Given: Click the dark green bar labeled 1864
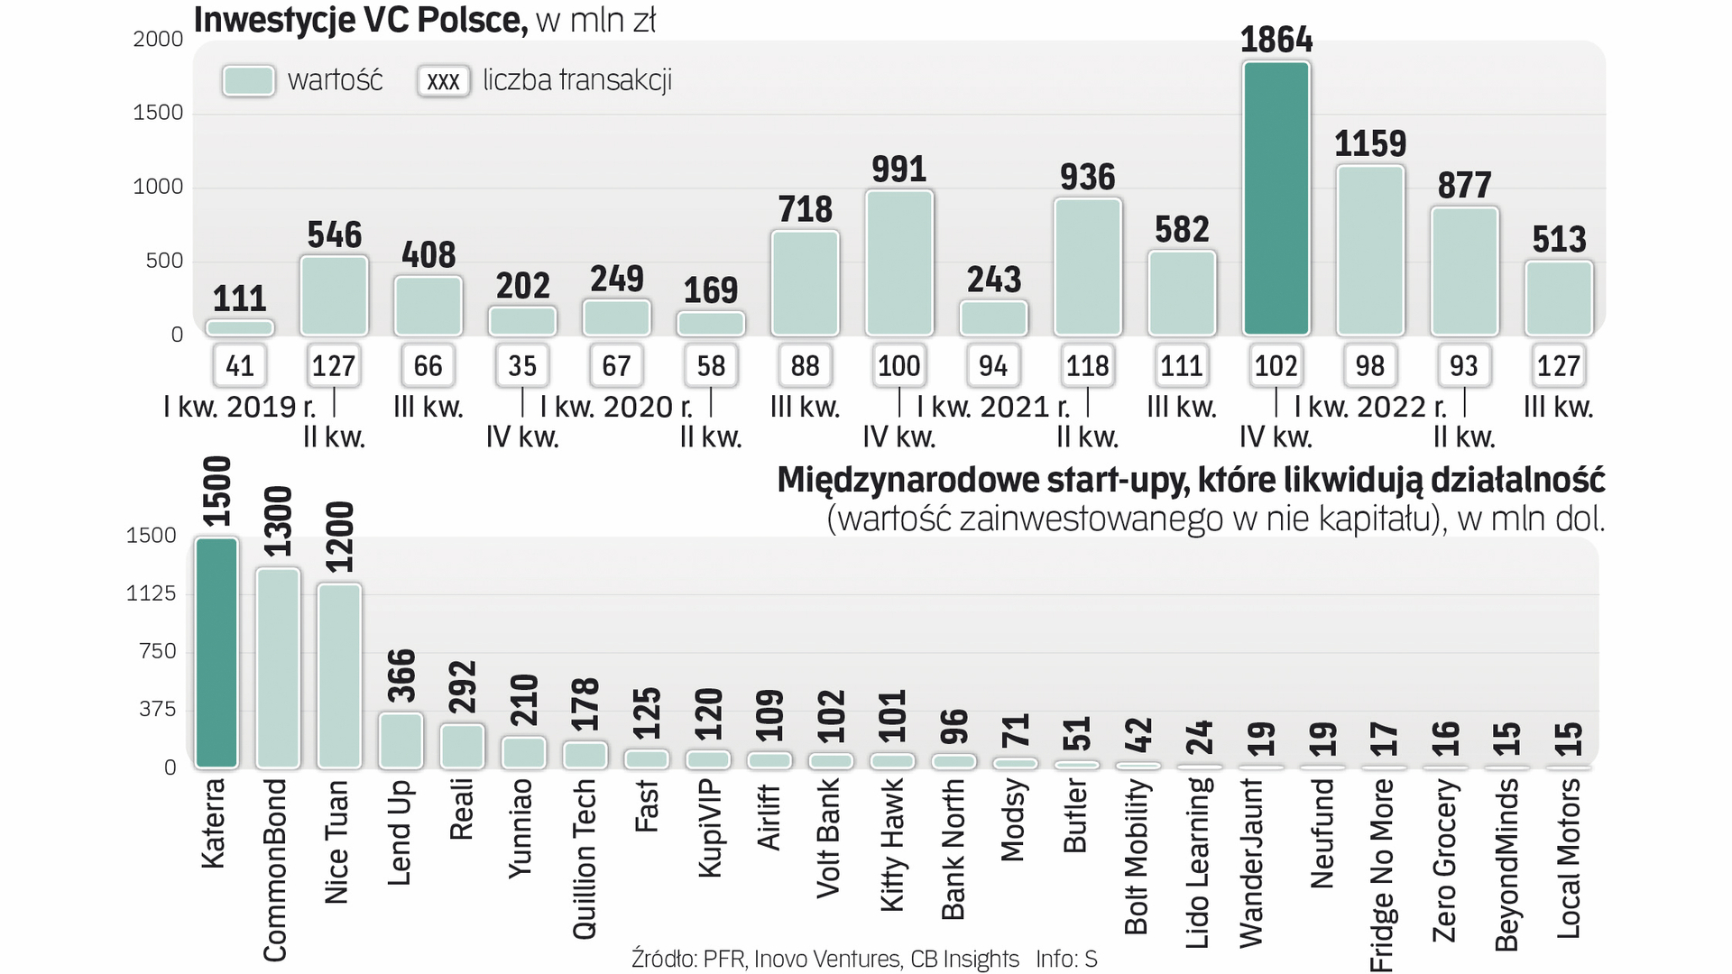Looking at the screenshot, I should pyautogui.click(x=1276, y=198).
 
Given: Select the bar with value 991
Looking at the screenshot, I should pyautogui.click(x=898, y=262).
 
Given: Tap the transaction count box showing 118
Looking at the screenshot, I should pyautogui.click(x=1087, y=365).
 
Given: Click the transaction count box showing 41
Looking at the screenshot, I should pyautogui.click(x=240, y=365).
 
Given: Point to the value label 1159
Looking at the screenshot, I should pyautogui.click(x=1369, y=143).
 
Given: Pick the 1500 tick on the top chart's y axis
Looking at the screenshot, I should pyautogui.click(x=158, y=113).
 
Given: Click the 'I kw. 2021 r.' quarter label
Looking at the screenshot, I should pyautogui.click(x=992, y=407).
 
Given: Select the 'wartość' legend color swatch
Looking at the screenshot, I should pyautogui.click(x=248, y=80).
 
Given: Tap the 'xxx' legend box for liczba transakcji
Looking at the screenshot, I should pyautogui.click(x=443, y=81).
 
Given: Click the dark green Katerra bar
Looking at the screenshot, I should pyautogui.click(x=216, y=652).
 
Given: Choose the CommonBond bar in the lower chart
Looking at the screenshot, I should pyautogui.click(x=278, y=667).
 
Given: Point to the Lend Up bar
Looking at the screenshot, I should pyautogui.click(x=401, y=740).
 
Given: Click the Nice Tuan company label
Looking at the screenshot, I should pyautogui.click(x=336, y=841).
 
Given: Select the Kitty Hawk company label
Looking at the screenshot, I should pyautogui.click(x=891, y=845).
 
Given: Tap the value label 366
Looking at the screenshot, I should pyautogui.click(x=401, y=676).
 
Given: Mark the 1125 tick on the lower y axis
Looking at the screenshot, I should pyautogui.click(x=151, y=593).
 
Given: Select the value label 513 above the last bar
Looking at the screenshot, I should pyautogui.click(x=1558, y=240).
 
